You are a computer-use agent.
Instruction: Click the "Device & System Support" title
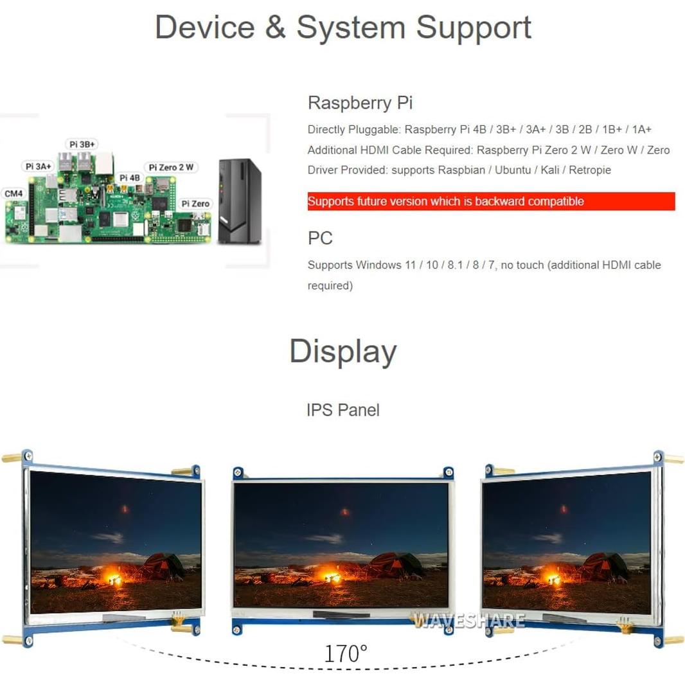click(342, 28)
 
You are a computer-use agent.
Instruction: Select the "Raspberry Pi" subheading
click(360, 103)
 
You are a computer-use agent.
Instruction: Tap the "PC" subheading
click(320, 238)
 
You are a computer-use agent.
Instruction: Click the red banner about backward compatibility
click(491, 201)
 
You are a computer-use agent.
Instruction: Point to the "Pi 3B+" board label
click(83, 145)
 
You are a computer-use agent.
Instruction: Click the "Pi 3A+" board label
click(39, 166)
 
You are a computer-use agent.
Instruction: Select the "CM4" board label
click(13, 193)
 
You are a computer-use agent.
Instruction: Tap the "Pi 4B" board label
click(129, 177)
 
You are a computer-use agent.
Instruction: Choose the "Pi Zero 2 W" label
click(171, 167)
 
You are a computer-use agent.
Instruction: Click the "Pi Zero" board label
click(195, 204)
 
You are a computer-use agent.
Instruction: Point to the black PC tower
click(239, 200)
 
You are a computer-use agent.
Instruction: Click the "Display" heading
click(342, 351)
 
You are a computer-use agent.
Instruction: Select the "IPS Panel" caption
click(342, 410)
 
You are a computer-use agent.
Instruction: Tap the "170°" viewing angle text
click(345, 654)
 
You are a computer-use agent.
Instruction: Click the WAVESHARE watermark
click(468, 621)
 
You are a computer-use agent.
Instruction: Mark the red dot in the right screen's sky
click(564, 509)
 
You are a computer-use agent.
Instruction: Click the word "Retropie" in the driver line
click(590, 170)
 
